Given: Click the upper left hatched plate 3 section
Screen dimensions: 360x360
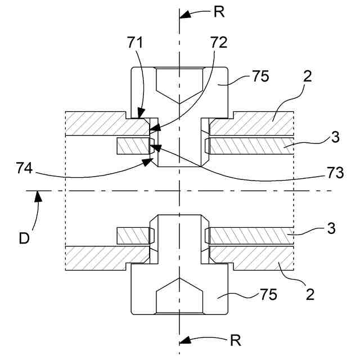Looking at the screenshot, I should tap(133, 147).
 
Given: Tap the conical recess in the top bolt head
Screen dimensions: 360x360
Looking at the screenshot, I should tap(179, 84).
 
